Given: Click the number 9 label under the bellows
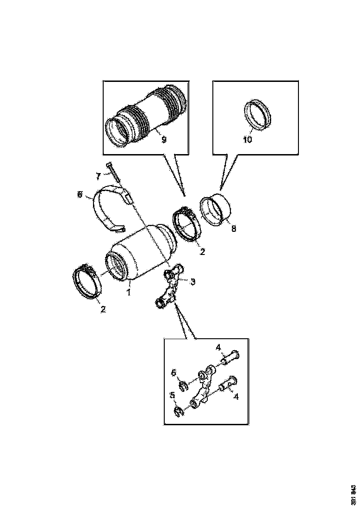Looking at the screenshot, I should click(x=163, y=139).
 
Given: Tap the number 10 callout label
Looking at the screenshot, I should click(x=248, y=139).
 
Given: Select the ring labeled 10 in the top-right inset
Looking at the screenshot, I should click(x=257, y=114).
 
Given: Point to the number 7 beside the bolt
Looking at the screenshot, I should click(x=98, y=176).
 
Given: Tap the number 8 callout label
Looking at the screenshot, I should click(x=233, y=228).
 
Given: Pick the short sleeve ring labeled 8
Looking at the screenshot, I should click(x=216, y=211).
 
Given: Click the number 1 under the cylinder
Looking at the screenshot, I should click(x=129, y=292).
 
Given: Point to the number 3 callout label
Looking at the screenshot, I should click(x=193, y=281).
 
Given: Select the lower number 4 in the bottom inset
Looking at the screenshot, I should click(x=236, y=397).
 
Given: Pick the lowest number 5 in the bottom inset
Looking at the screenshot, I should click(x=172, y=396).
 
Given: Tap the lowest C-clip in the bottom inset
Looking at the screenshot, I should click(x=180, y=410).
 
